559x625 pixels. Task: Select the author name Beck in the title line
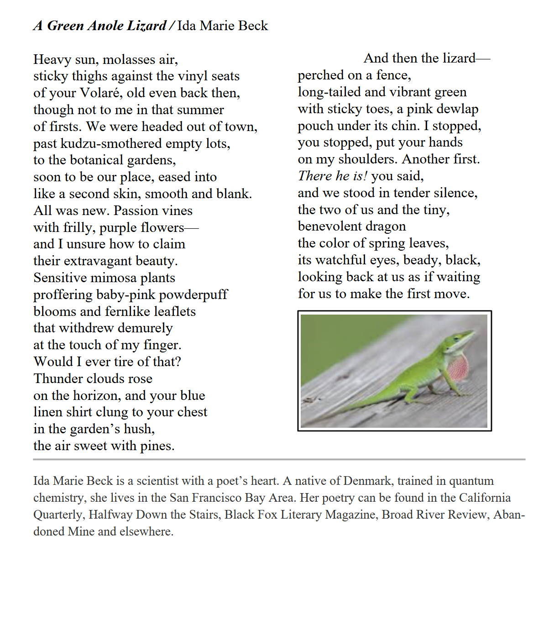tap(253, 26)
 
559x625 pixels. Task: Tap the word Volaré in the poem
tap(101, 93)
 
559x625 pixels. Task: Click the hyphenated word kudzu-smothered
tap(111, 143)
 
